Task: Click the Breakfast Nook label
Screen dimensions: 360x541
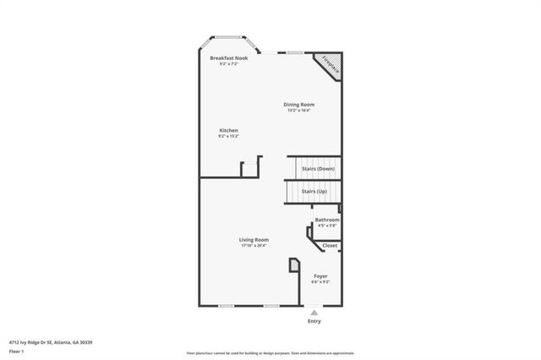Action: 228,57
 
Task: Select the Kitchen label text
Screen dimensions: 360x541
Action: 228,130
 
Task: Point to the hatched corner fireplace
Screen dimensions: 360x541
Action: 330,67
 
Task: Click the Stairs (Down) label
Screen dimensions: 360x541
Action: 318,169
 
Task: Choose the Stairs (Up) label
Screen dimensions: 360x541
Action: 314,191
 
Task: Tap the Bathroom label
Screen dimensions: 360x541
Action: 327,220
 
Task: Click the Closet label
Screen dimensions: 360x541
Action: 330,246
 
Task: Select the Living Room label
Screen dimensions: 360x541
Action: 254,240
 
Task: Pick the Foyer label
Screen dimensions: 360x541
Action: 320,276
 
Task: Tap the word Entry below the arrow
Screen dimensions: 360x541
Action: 314,321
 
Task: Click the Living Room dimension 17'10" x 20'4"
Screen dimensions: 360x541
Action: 254,246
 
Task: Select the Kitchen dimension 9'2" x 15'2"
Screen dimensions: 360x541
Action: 228,136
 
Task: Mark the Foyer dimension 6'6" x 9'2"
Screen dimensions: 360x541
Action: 320,282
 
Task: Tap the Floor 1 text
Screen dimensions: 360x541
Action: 16,350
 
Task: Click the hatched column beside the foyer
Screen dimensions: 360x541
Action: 293,266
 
